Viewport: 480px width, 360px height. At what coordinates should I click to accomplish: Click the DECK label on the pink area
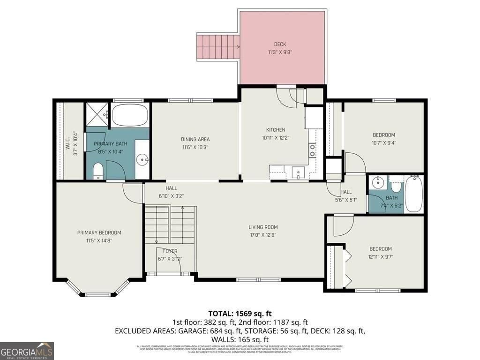point(280,45)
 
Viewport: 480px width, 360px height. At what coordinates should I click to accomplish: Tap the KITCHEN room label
point(276,130)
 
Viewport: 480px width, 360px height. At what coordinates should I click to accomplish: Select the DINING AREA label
point(195,139)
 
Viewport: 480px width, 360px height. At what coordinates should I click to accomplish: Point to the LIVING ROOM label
point(263,227)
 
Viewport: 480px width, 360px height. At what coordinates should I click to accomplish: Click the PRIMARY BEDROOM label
point(99,232)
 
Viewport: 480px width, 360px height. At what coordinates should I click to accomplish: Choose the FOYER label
point(170,251)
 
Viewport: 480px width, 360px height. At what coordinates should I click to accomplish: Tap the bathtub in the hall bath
point(413,194)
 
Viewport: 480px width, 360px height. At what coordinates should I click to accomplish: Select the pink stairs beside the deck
point(217,47)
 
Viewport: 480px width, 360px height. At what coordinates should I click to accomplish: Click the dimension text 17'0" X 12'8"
point(263,235)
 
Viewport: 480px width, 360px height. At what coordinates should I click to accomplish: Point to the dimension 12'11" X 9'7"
point(380,256)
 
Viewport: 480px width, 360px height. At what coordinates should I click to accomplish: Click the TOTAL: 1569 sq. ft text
point(240,313)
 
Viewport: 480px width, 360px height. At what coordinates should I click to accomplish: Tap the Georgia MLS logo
point(27,351)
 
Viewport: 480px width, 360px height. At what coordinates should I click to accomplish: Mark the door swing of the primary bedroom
point(132,193)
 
